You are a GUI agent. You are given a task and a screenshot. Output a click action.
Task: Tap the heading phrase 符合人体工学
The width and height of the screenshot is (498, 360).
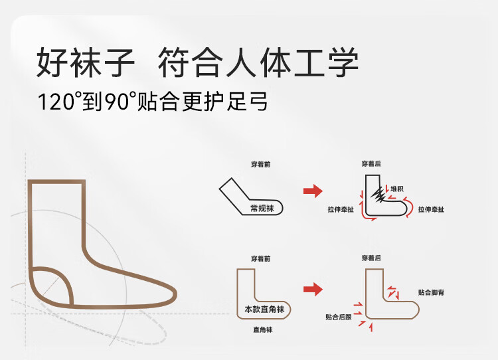click(x=258, y=63)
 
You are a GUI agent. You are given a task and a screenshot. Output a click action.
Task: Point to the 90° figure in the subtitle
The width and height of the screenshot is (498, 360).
click(x=121, y=102)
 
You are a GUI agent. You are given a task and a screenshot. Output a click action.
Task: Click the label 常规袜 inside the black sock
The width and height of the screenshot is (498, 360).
click(x=262, y=208)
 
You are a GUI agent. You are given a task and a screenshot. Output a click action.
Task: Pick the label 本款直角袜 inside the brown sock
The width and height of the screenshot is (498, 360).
click(x=263, y=310)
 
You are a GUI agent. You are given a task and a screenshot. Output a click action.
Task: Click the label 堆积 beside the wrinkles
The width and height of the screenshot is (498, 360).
click(x=397, y=189)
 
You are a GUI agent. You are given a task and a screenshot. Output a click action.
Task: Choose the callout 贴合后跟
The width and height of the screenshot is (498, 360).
click(x=337, y=317)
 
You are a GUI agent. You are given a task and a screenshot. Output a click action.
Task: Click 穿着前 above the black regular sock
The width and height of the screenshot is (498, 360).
click(x=260, y=164)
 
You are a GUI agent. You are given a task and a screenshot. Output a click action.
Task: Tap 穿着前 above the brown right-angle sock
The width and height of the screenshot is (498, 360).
click(x=260, y=258)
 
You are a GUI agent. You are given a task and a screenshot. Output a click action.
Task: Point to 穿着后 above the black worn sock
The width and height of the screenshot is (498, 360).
click(x=372, y=163)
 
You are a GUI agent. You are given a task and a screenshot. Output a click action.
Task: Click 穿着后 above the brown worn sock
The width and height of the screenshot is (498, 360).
click(x=372, y=258)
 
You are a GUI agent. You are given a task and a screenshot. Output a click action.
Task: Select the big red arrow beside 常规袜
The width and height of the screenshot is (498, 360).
click(x=313, y=191)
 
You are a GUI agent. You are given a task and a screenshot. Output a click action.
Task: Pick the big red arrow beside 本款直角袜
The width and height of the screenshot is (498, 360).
click(x=313, y=289)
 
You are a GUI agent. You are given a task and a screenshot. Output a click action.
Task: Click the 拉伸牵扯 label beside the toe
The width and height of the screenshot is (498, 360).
click(x=431, y=209)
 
